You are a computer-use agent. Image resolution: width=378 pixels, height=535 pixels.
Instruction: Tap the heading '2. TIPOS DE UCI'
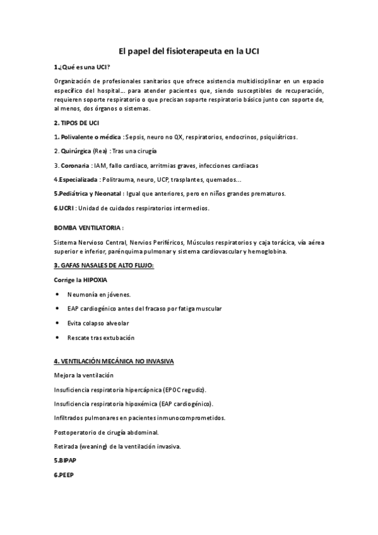tap(76, 122)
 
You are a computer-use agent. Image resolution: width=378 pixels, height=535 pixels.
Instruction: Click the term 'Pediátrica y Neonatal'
tap(88, 194)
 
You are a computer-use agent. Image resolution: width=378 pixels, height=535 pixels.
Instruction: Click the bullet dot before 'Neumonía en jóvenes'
tap(58, 294)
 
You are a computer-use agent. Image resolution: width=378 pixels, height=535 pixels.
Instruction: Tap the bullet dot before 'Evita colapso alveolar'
tap(58, 323)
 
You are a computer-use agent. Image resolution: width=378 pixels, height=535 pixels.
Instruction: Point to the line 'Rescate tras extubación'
tap(101, 338)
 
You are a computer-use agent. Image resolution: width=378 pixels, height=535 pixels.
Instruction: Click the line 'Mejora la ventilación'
tap(83, 375)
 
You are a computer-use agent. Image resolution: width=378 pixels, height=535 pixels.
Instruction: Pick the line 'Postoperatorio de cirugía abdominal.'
tap(106, 432)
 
